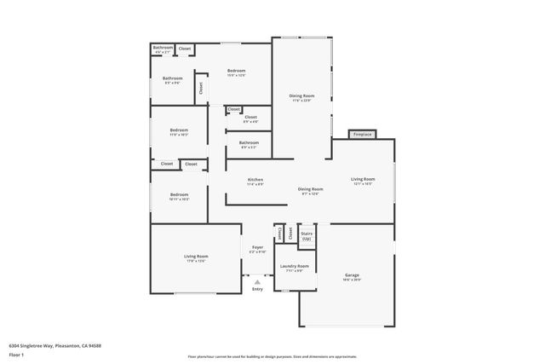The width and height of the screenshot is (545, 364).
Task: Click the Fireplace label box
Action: pyautogui.click(x=362, y=134)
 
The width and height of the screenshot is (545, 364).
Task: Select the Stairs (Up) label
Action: pyautogui.click(x=307, y=234)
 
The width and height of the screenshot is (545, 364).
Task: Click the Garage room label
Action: pyautogui.click(x=352, y=276)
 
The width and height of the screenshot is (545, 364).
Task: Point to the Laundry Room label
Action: pyautogui.click(x=294, y=268)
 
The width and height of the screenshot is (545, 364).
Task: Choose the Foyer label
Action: pyautogui.click(x=257, y=249)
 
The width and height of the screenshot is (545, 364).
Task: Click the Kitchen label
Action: pyautogui.click(x=255, y=181)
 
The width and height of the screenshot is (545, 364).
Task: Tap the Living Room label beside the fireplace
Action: pyautogui.click(x=363, y=181)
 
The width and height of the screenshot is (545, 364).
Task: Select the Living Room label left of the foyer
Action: pyautogui.click(x=197, y=257)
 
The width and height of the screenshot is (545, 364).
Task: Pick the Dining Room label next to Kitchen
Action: pyautogui.click(x=310, y=190)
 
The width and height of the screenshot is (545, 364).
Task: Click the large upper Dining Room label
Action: pyautogui.click(x=301, y=97)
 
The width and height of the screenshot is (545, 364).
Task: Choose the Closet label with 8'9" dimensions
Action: pyautogui.click(x=250, y=118)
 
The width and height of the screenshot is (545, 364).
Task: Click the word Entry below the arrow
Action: pyautogui.click(x=257, y=289)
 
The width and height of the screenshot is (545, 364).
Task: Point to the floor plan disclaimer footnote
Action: pyautogui.click(x=272, y=356)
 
